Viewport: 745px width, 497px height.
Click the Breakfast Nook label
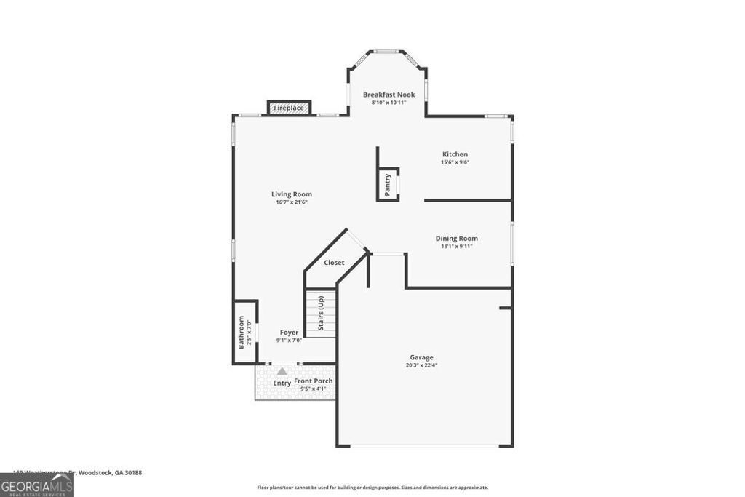pos(389,95)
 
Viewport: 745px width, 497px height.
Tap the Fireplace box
pos(289,108)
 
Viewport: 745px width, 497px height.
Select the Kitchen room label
pos(455,154)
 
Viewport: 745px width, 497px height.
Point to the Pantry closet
pos(388,183)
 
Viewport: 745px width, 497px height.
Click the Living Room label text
pos(292,194)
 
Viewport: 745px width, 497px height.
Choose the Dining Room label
pos(456,239)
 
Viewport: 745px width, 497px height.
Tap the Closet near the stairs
pos(334,263)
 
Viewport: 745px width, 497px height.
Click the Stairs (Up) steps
pos(320,314)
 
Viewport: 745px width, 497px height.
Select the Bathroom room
pos(244,332)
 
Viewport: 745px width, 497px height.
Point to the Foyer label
pos(289,333)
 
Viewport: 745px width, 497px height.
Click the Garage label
pos(421,357)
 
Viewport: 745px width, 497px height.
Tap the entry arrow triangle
pos(282,371)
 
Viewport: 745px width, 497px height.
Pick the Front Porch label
pos(314,381)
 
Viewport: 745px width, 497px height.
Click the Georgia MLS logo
pos(36,485)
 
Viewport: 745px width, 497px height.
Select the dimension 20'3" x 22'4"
pos(421,365)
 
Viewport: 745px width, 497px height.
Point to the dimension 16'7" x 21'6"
pos(292,202)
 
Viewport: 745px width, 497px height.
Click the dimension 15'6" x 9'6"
pos(455,162)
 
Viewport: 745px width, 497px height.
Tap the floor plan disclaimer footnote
pos(372,488)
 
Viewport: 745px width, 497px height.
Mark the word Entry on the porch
pos(282,383)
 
